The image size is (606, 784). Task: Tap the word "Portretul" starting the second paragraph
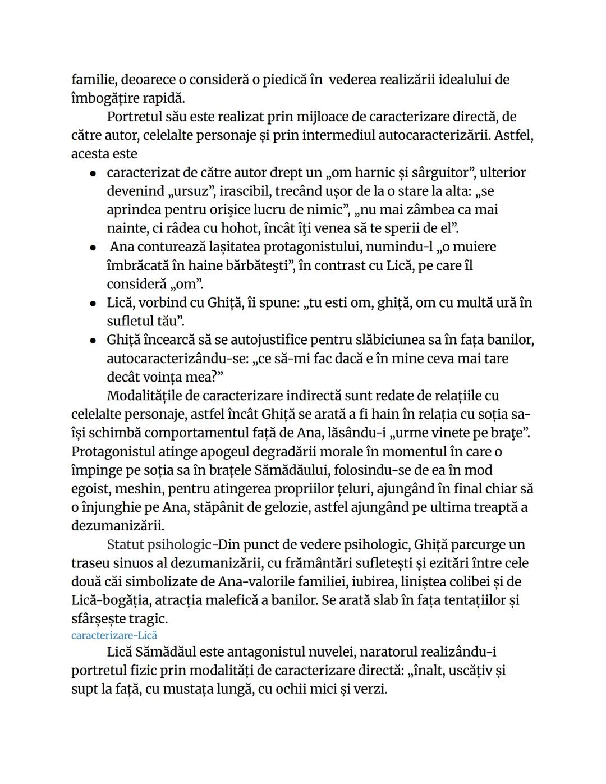coord(134,117)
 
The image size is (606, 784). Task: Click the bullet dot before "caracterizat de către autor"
coord(93,173)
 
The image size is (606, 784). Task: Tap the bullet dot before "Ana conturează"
coord(93,247)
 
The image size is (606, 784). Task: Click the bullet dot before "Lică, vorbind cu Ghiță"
coord(93,304)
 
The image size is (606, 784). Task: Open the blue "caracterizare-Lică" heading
coord(114,635)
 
